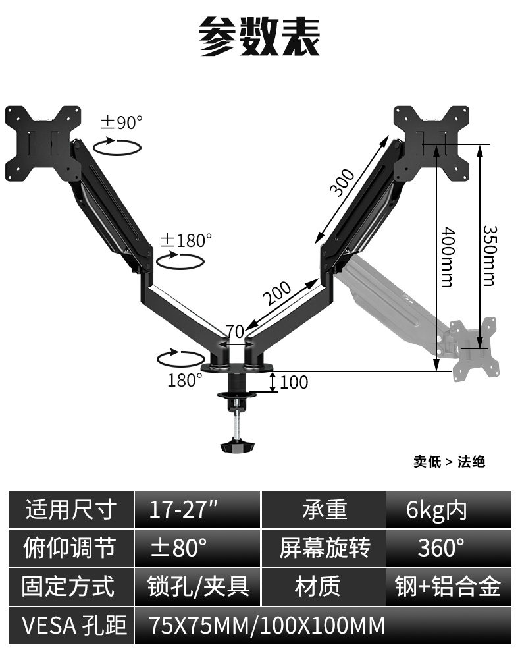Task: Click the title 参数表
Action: [x=260, y=37]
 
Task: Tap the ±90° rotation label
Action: [x=121, y=123]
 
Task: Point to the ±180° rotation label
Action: [x=186, y=240]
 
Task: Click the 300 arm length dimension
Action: [x=342, y=182]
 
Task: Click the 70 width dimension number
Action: [x=234, y=331]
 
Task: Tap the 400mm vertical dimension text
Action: [x=447, y=257]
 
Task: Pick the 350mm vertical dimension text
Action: [x=488, y=255]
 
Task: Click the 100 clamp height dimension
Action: [x=294, y=382]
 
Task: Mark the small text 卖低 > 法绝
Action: [x=449, y=462]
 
